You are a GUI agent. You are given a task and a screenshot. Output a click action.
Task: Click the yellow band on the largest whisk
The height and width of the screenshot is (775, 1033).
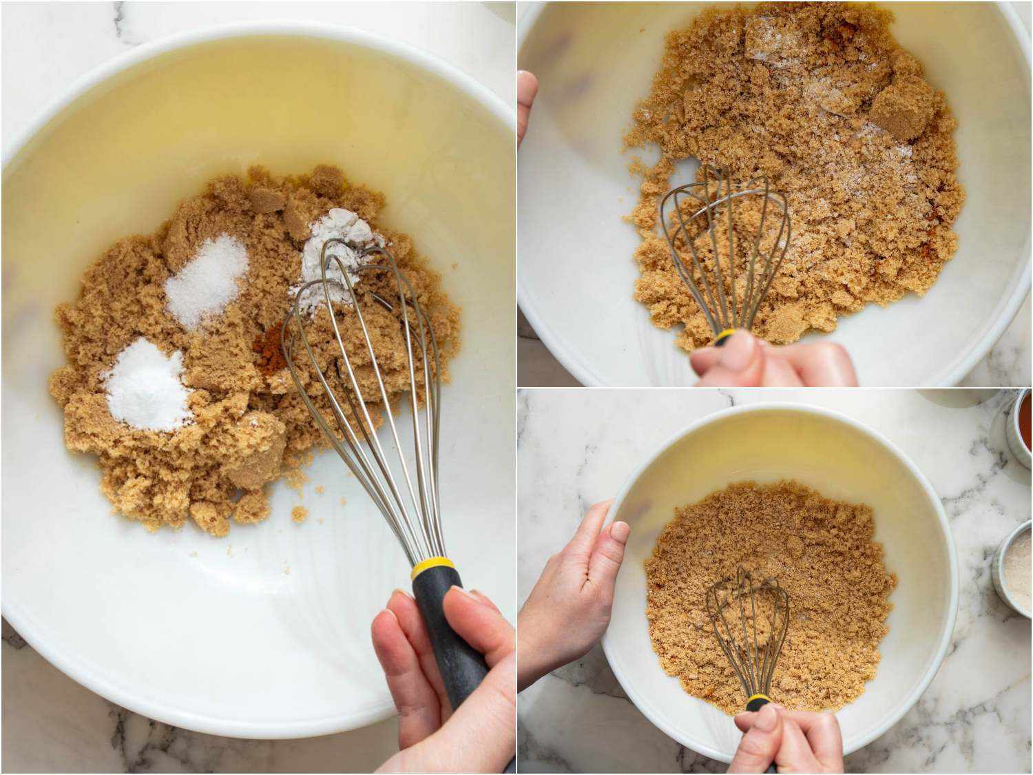click(x=433, y=569)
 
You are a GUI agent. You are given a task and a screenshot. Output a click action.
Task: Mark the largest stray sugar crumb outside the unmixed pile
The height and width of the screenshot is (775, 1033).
click(x=299, y=513)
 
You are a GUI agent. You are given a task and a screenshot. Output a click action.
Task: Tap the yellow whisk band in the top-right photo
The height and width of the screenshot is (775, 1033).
click(x=724, y=338)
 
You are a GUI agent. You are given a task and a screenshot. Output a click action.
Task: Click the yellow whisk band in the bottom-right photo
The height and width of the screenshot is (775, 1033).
click(x=758, y=703)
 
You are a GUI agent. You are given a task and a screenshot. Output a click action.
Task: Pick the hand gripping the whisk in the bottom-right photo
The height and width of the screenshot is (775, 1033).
click(x=792, y=741)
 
